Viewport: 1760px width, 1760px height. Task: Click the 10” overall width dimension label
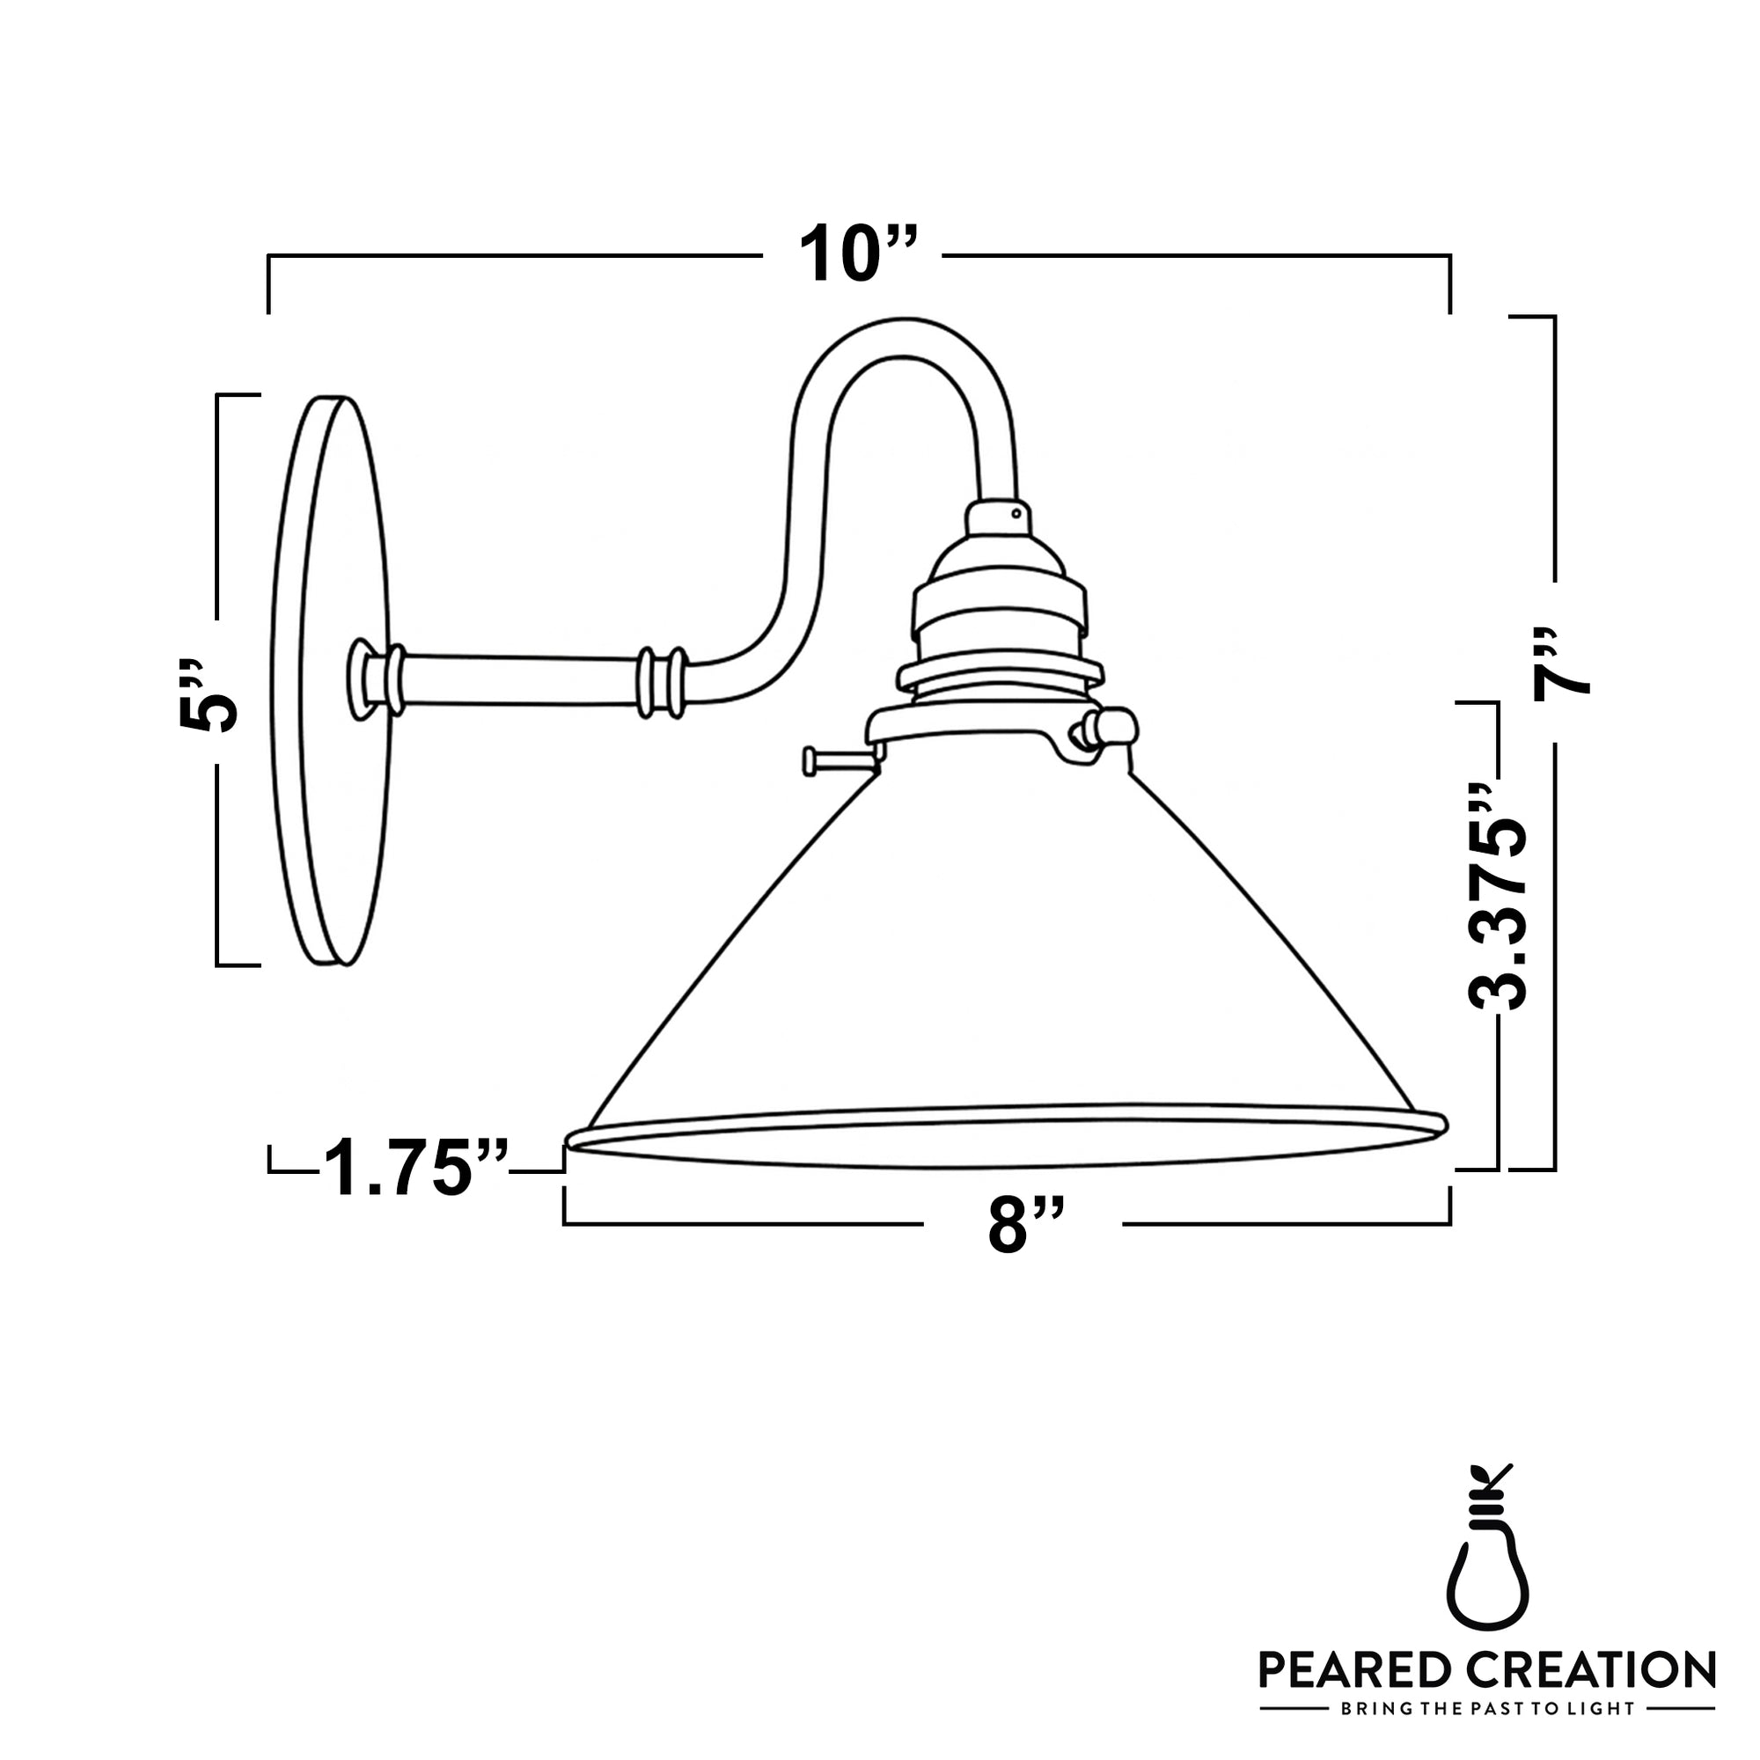pos(857,254)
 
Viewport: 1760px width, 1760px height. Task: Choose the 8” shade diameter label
pos(1025,1225)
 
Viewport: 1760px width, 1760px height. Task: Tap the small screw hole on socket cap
pos(1016,514)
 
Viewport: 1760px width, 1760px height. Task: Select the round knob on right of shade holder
pos(1117,728)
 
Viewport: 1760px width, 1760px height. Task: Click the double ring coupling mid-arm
pos(662,682)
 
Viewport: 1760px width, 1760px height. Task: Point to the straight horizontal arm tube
pos(519,680)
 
